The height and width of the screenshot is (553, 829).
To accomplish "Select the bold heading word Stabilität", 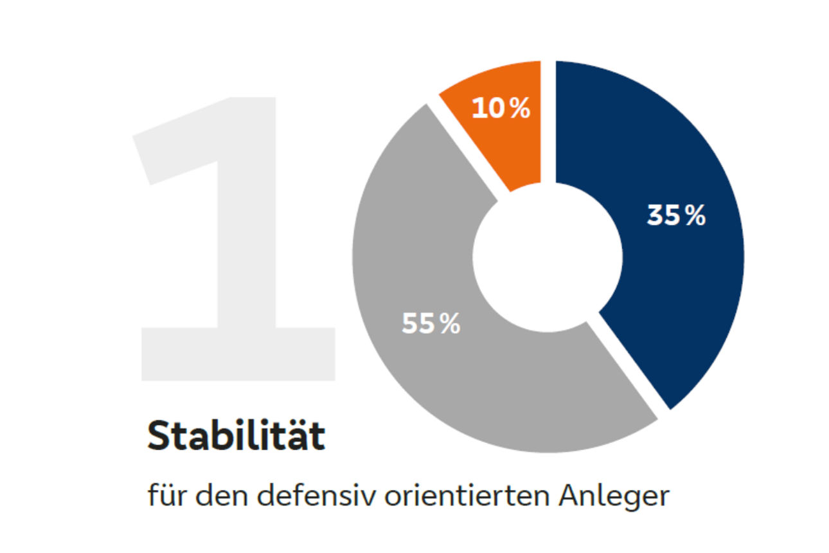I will (x=236, y=437).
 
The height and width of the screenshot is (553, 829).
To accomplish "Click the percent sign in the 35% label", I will (x=694, y=217).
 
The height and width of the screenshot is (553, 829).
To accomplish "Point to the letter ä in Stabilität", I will (x=301, y=437).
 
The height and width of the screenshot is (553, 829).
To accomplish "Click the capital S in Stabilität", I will (x=161, y=437).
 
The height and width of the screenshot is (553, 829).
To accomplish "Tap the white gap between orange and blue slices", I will (x=548, y=122).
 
